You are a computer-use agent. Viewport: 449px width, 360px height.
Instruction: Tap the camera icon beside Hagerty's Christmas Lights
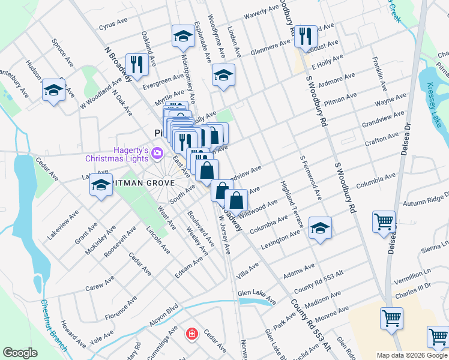157,153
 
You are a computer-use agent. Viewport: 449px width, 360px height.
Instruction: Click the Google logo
20,353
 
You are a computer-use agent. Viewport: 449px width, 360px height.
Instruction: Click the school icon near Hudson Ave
53,90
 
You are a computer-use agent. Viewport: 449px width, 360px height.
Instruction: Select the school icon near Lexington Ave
321,228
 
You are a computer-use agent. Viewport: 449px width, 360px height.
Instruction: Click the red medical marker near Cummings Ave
191,333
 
